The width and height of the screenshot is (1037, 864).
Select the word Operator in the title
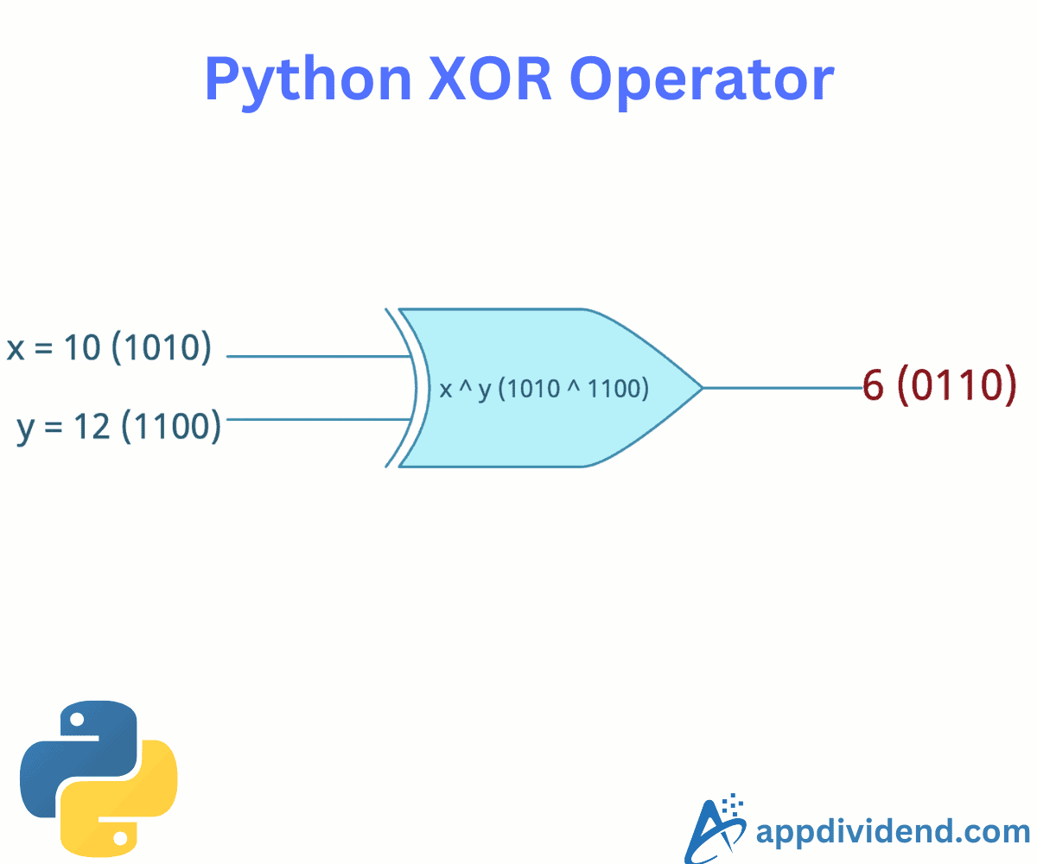pyautogui.click(x=702, y=79)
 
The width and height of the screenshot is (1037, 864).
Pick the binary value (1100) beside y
pyautogui.click(x=171, y=427)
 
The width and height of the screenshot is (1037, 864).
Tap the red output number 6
pyautogui.click(x=874, y=385)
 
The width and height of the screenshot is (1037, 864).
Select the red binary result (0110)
pyautogui.click(x=956, y=385)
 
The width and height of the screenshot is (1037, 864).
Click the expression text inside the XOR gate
pyautogui.click(x=544, y=389)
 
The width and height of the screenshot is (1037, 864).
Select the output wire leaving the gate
pyautogui.click(x=782, y=388)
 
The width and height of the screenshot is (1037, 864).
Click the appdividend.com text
pyautogui.click(x=892, y=831)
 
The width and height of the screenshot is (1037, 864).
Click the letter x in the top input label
pyautogui.click(x=16, y=349)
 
